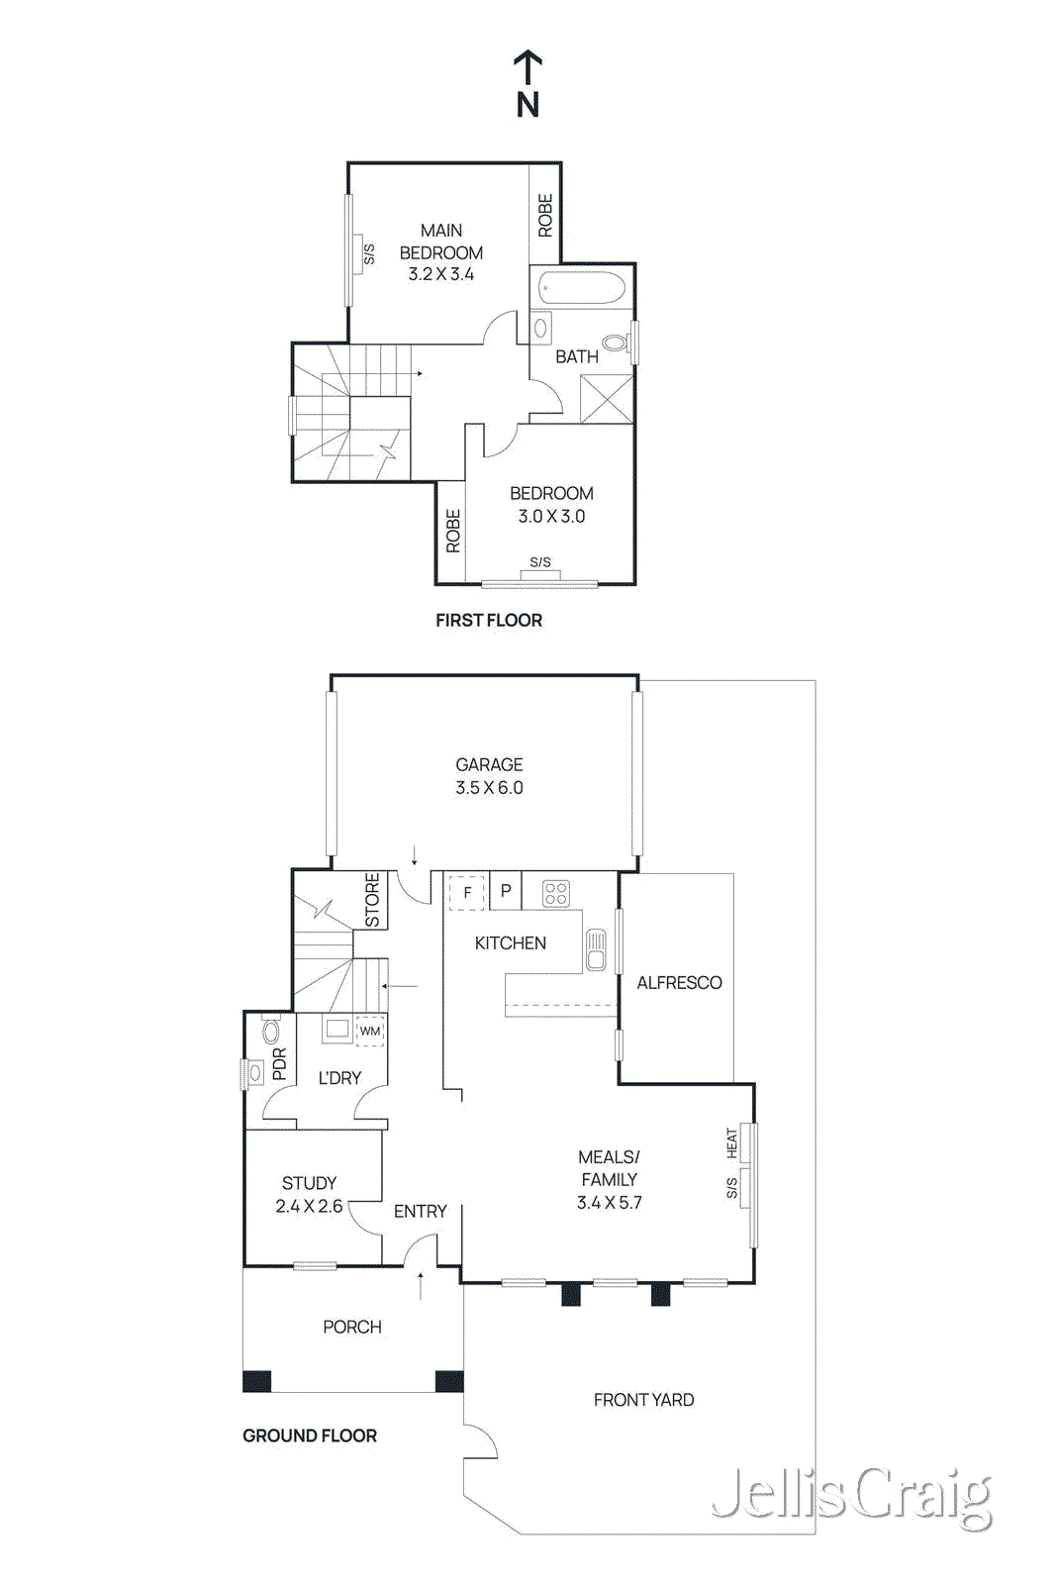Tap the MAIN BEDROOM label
pyautogui.click(x=441, y=241)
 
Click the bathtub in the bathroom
pyautogui.click(x=582, y=290)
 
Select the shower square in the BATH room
pyautogui.click(x=607, y=399)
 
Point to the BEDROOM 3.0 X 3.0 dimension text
pyautogui.click(x=551, y=516)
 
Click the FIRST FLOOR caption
pyautogui.click(x=489, y=620)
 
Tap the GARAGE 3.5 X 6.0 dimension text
pyautogui.click(x=489, y=788)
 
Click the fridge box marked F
pyautogui.click(x=467, y=892)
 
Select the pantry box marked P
pyautogui.click(x=506, y=891)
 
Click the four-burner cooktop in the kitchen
pyautogui.click(x=556, y=894)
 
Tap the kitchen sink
pyautogui.click(x=596, y=949)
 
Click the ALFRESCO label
pyautogui.click(x=679, y=983)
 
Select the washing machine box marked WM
pyautogui.click(x=370, y=1031)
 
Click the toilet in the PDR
pyautogui.click(x=270, y=1033)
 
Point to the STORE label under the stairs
pyautogui.click(x=372, y=900)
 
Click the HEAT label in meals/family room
pyautogui.click(x=731, y=1143)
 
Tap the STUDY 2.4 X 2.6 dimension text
pyautogui.click(x=309, y=1206)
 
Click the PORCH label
pyautogui.click(x=351, y=1327)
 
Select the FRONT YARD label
pyautogui.click(x=643, y=1400)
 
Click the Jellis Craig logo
pyautogui.click(x=851, y=1497)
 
